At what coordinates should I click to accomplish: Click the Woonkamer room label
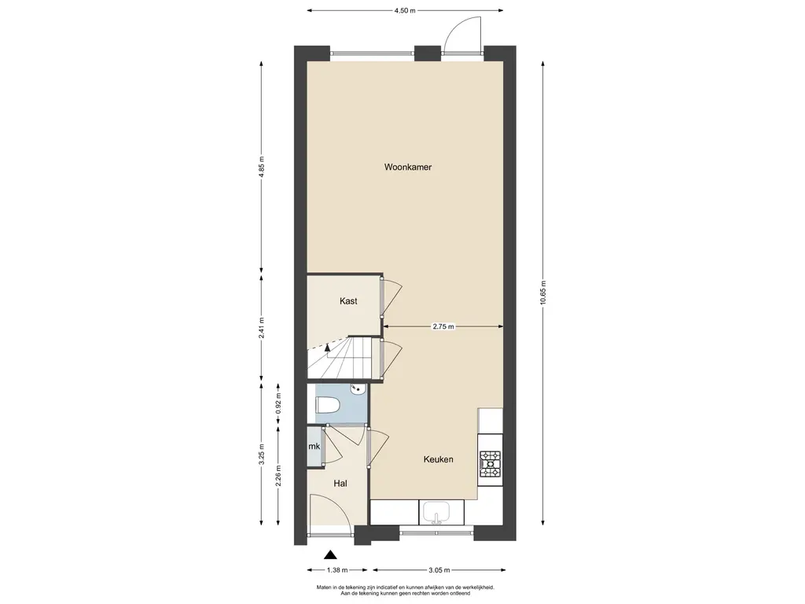click(x=408, y=167)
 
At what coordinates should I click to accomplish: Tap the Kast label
click(x=348, y=301)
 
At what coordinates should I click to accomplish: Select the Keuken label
click(x=438, y=459)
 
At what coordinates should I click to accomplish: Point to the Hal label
click(x=340, y=484)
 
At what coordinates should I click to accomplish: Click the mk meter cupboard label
click(x=314, y=447)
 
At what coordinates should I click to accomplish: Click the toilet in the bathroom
click(x=328, y=405)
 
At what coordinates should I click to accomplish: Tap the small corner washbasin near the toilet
click(x=358, y=392)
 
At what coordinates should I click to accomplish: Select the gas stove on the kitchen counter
click(x=490, y=465)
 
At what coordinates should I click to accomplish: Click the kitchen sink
click(x=436, y=513)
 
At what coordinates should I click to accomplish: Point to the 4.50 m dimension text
click(x=405, y=10)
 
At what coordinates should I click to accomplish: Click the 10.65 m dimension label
click(x=542, y=293)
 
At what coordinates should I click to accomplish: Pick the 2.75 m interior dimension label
click(x=443, y=326)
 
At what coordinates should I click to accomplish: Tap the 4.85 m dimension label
click(x=261, y=167)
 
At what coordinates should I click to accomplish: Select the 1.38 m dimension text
click(x=337, y=569)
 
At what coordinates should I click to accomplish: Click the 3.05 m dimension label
click(x=439, y=569)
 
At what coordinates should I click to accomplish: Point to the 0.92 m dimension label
click(x=279, y=403)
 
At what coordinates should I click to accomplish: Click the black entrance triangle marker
click(x=330, y=554)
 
